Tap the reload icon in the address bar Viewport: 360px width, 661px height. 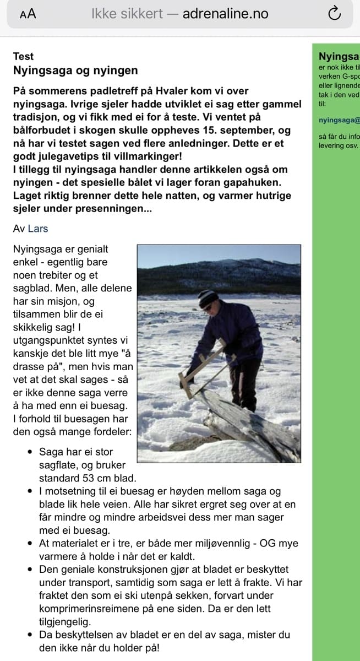tap(334, 14)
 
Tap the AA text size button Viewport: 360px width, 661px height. tap(28, 14)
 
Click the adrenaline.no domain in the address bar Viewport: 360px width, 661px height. tap(225, 14)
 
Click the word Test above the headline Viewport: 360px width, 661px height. tap(23, 56)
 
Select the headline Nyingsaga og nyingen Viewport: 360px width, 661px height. tap(75, 71)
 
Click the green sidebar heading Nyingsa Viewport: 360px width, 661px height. tap(339, 56)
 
